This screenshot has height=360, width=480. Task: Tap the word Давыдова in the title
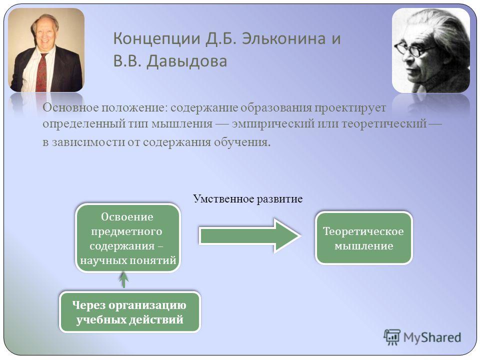[186, 61]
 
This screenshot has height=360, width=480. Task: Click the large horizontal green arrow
[250, 235]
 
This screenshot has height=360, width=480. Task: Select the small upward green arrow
[123, 279]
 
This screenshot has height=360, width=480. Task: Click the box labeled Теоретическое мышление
[364, 238]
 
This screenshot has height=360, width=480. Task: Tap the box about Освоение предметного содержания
[128, 238]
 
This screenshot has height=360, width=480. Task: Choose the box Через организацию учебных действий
[130, 312]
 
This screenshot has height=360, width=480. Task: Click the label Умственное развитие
[247, 199]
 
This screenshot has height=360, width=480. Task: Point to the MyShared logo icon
[391, 337]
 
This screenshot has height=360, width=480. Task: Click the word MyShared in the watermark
[432, 337]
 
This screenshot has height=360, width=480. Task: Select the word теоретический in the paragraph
[384, 123]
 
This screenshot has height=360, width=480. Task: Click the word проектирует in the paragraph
[350, 108]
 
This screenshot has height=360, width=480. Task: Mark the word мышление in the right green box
[363, 246]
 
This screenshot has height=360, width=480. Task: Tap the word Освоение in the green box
[127, 216]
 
